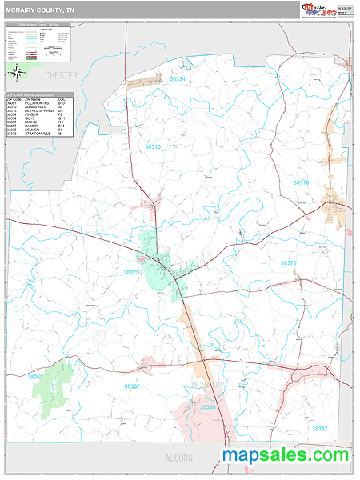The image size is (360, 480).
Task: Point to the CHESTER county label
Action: tap(62, 75)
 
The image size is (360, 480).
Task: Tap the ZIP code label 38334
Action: tap(177, 79)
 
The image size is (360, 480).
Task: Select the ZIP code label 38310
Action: tap(301, 182)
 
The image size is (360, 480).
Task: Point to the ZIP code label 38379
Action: tap(289, 262)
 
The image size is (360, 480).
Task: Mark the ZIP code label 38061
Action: tap(37, 376)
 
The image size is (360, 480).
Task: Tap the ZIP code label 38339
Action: tap(207, 407)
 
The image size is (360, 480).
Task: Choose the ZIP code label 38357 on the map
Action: tap(318, 429)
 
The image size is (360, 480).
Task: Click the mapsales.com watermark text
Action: tap(286, 455)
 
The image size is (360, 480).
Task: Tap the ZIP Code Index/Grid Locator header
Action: tap(38, 95)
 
